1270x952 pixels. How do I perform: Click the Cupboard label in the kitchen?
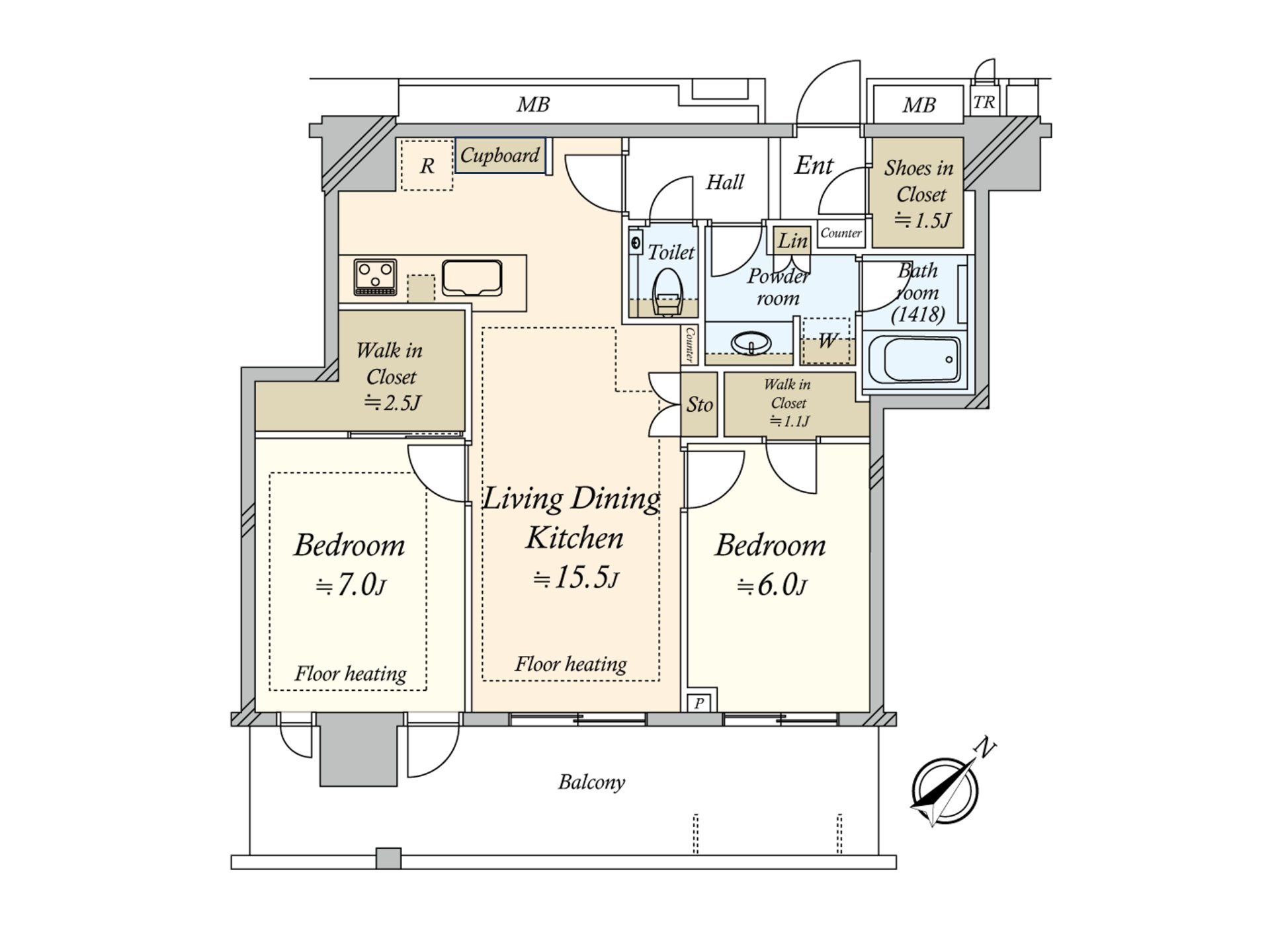[x=500, y=155]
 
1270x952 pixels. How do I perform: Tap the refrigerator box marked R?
[x=427, y=165]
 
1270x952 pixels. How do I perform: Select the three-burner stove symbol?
[x=375, y=277]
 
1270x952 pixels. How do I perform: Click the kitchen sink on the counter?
[x=472, y=278]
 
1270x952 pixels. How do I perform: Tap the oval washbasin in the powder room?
[x=751, y=343]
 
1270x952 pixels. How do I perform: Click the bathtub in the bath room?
[x=914, y=359]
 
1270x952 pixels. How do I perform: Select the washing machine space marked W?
[x=826, y=341]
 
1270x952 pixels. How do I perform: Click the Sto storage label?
[x=699, y=405]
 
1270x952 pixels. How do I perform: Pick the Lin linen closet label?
[x=792, y=241]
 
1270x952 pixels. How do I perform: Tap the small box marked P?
[x=699, y=703]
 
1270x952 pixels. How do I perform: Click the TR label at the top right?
[x=984, y=102]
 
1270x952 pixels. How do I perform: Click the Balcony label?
[x=591, y=782]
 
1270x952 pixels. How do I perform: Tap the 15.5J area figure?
[x=576, y=578]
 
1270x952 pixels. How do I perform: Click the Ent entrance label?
[x=814, y=165]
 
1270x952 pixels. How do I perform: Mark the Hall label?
[x=725, y=182]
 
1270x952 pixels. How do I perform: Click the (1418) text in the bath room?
[x=917, y=314]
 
